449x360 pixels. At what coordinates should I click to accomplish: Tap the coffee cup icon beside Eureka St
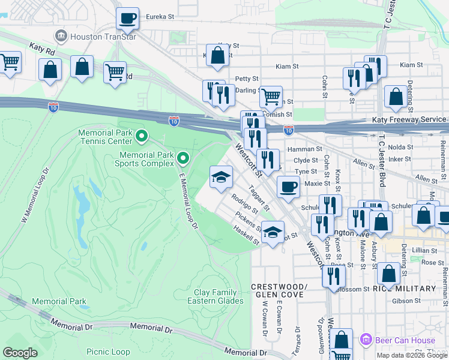pyautogui.click(x=127, y=19)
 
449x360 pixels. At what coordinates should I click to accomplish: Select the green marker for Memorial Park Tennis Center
pyautogui.click(x=142, y=137)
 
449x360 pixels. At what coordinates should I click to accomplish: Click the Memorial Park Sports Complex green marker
pyautogui.click(x=184, y=158)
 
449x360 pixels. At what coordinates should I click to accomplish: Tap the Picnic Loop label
pyautogui.click(x=108, y=352)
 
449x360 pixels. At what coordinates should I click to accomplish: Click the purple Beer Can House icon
pyautogui.click(x=364, y=340)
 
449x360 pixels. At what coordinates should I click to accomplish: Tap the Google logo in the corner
pyautogui.click(x=20, y=353)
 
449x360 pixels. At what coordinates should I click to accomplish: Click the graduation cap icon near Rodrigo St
pyautogui.click(x=220, y=176)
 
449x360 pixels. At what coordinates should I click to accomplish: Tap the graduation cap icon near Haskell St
pyautogui.click(x=273, y=232)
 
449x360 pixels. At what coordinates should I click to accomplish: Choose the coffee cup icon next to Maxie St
pyautogui.click(x=288, y=186)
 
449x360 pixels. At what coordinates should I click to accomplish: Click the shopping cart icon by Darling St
pyautogui.click(x=271, y=95)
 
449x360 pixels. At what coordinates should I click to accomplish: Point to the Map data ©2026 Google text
pyautogui.click(x=411, y=355)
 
